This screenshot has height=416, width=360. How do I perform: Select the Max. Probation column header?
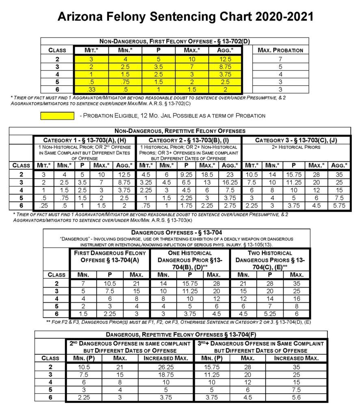point(280,50)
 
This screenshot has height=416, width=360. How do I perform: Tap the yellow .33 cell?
point(91,89)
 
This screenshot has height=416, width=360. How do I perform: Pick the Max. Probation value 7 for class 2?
point(280,59)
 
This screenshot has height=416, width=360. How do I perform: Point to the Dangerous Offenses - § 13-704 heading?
point(176,233)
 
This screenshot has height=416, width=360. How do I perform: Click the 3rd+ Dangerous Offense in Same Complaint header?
point(260,347)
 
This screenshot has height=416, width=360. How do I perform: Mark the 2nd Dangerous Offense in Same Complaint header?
point(130,347)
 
